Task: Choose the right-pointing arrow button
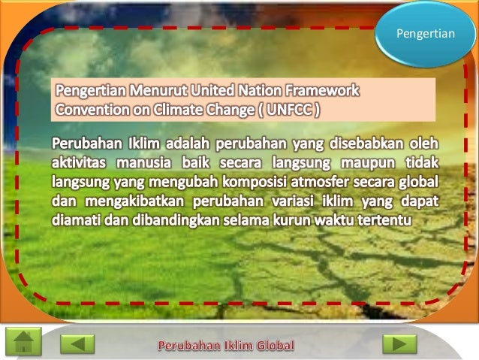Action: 399,343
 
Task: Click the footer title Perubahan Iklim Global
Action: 226,346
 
